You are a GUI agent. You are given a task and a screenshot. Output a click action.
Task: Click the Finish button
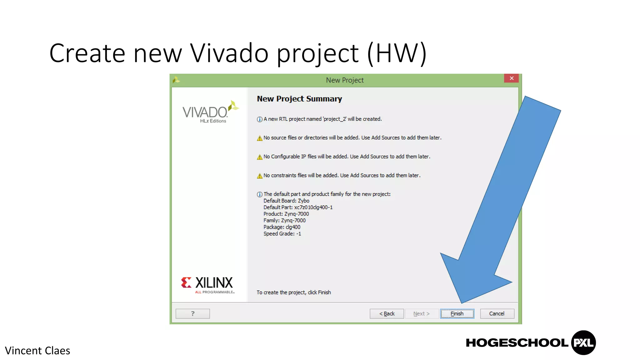tap(457, 313)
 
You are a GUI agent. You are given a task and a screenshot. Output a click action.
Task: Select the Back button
tap(387, 313)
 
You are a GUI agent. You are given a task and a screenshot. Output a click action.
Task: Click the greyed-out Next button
tap(421, 313)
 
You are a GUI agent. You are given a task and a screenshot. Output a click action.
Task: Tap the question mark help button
tap(192, 313)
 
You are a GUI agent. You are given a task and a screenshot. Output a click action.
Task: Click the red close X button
tap(511, 78)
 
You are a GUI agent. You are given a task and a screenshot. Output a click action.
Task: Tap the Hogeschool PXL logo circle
tap(583, 342)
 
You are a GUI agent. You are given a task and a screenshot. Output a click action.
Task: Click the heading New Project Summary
tap(299, 99)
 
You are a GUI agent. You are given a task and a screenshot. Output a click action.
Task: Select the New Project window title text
tap(345, 80)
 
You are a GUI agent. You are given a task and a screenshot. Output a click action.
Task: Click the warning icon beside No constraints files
tap(259, 176)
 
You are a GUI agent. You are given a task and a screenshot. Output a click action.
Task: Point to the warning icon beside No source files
tap(259, 138)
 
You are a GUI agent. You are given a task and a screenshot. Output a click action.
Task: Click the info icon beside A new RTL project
tap(259, 119)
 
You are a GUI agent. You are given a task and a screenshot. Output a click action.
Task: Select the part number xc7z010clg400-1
tap(313, 207)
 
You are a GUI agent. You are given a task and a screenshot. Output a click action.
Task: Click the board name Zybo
tap(303, 201)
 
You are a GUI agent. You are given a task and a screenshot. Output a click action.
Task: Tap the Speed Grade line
tap(282, 234)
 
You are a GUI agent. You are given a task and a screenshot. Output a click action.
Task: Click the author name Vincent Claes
tap(37, 351)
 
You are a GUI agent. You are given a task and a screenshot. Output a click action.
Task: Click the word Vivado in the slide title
tap(229, 53)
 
